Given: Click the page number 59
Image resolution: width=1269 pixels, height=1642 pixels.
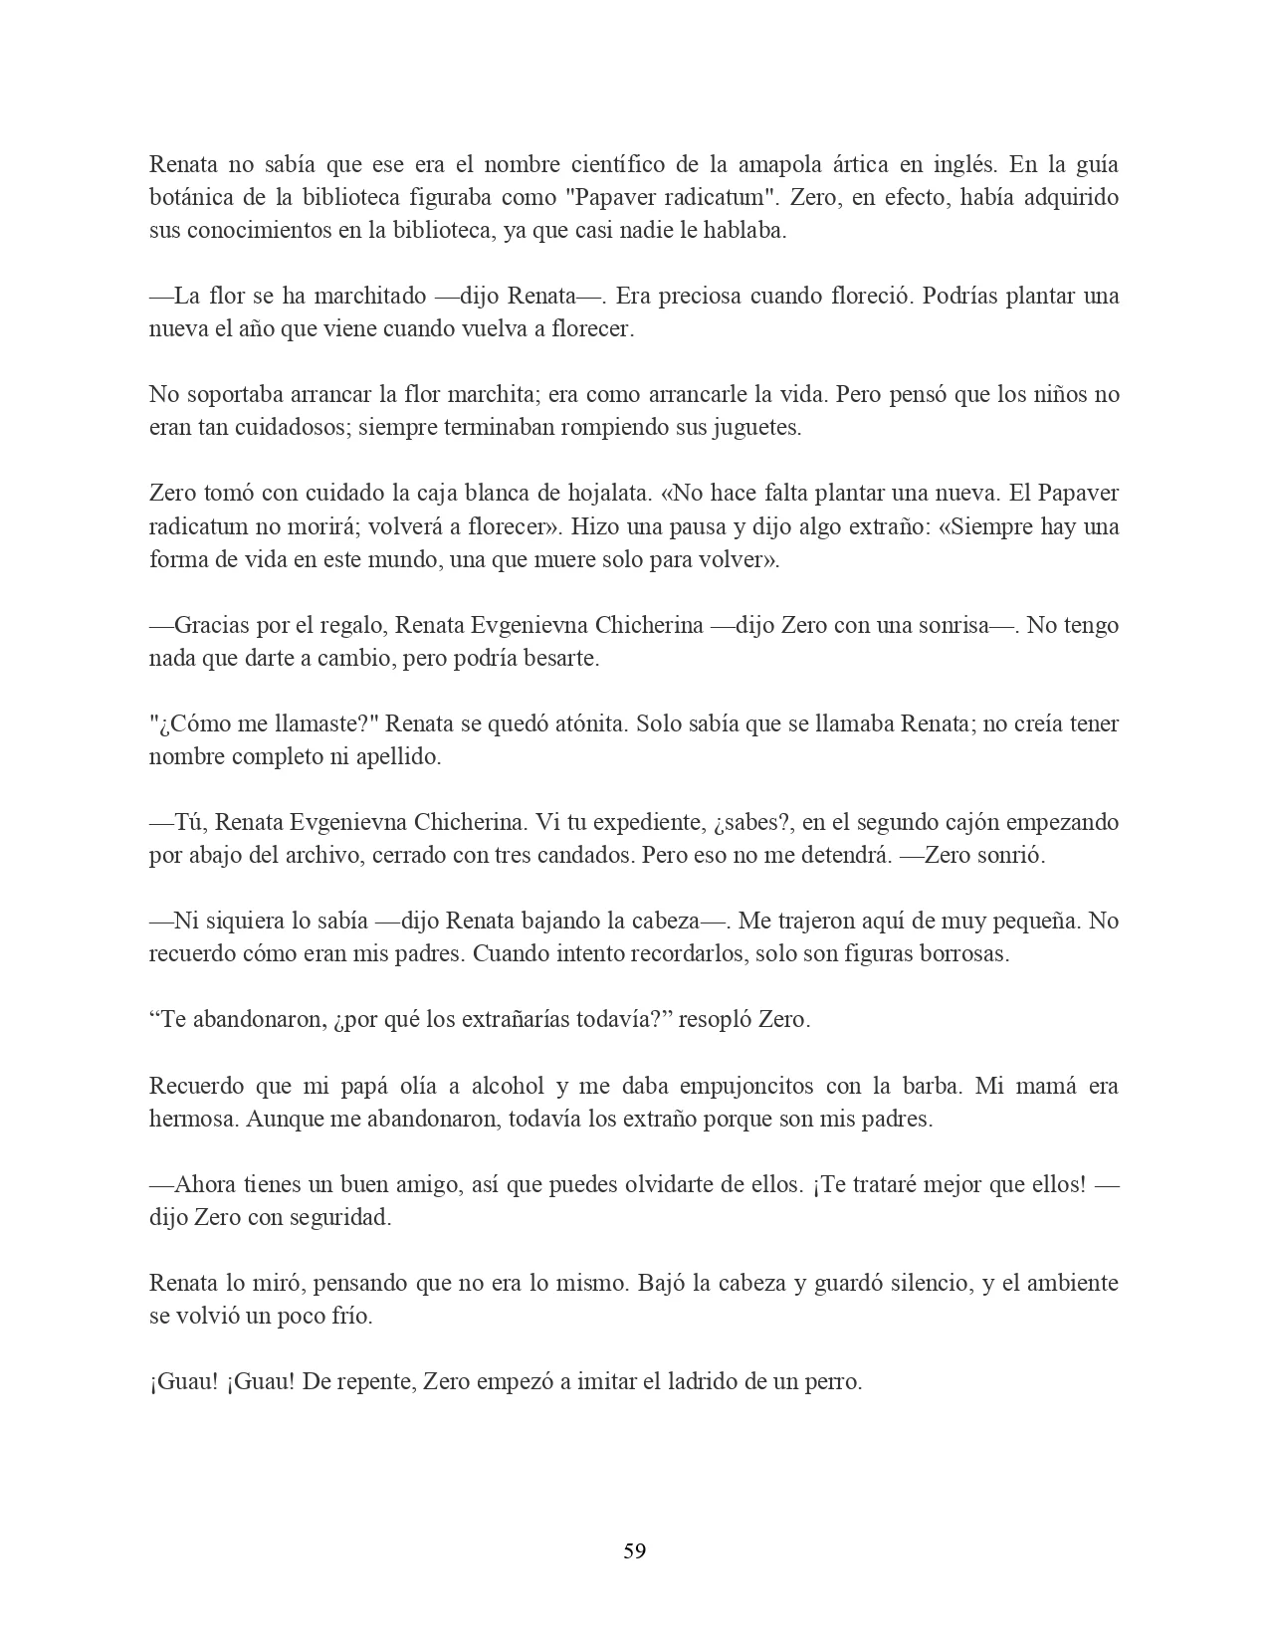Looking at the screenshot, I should (634, 1549).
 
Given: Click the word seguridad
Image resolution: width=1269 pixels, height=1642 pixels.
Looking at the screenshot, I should (339, 1217).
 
